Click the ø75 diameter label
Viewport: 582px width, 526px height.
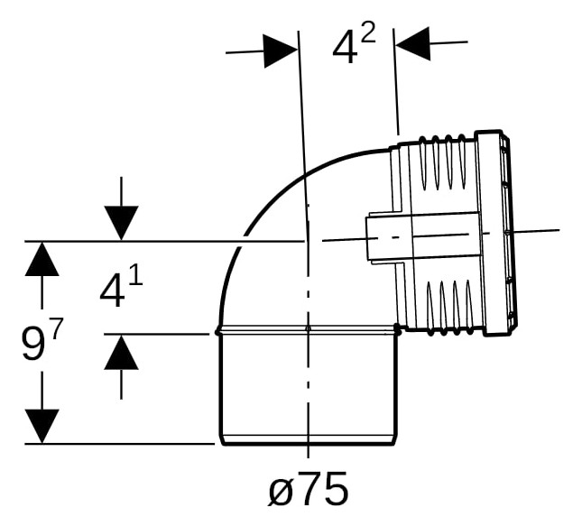pos(308,488)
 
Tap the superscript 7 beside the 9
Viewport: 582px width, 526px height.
pos(55,328)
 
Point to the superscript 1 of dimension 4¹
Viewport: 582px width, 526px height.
pos(136,274)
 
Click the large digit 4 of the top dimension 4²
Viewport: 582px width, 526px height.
pos(345,46)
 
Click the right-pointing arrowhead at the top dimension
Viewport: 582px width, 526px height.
pos(281,51)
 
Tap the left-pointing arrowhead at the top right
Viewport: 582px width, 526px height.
pos(412,43)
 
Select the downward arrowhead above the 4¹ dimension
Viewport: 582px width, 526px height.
pos(122,223)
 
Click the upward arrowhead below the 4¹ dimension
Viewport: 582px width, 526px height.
pos(122,353)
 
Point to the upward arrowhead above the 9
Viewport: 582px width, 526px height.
pos(42,259)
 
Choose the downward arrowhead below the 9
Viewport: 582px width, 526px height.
pos(42,426)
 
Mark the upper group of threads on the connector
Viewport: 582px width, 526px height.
pos(442,162)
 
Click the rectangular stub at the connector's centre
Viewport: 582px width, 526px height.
pos(422,237)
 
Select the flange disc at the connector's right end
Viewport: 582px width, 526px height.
pos(496,233)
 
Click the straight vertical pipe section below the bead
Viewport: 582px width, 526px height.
pos(308,389)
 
